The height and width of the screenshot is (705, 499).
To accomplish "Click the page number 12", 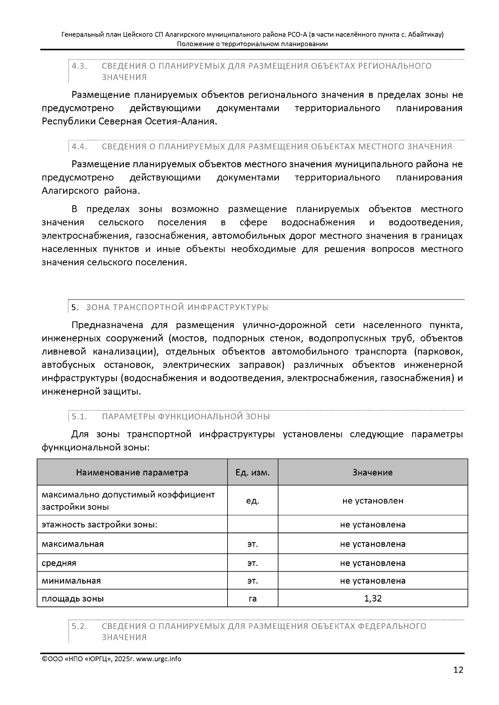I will click(458, 670).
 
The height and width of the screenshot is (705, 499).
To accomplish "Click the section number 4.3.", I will click(79, 66).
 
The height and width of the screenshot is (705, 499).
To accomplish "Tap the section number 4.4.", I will click(79, 147).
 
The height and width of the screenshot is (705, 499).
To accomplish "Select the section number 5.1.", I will click(79, 417).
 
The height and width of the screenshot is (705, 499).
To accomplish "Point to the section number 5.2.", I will click(79, 626).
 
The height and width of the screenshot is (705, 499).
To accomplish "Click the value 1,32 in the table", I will click(373, 598).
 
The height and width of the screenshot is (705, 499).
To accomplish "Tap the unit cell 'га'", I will click(252, 599).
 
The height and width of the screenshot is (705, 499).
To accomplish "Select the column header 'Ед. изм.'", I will click(252, 472).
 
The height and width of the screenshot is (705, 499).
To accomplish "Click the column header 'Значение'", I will click(373, 472).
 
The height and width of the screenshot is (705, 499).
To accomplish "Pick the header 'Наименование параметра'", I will click(132, 472).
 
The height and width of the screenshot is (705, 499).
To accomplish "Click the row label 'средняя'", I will click(59, 563).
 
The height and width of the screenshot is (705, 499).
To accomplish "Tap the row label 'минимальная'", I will click(71, 581).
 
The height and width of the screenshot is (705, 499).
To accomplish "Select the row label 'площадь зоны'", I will click(73, 599).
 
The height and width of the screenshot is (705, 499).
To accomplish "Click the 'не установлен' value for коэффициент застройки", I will click(373, 501).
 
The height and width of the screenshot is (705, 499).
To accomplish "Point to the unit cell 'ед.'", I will click(252, 501).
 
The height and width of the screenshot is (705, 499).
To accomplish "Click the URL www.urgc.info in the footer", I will click(159, 659).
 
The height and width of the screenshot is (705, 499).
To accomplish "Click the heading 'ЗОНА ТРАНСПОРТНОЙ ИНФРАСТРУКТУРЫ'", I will click(177, 307).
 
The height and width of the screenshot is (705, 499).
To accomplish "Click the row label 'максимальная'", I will click(73, 544).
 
